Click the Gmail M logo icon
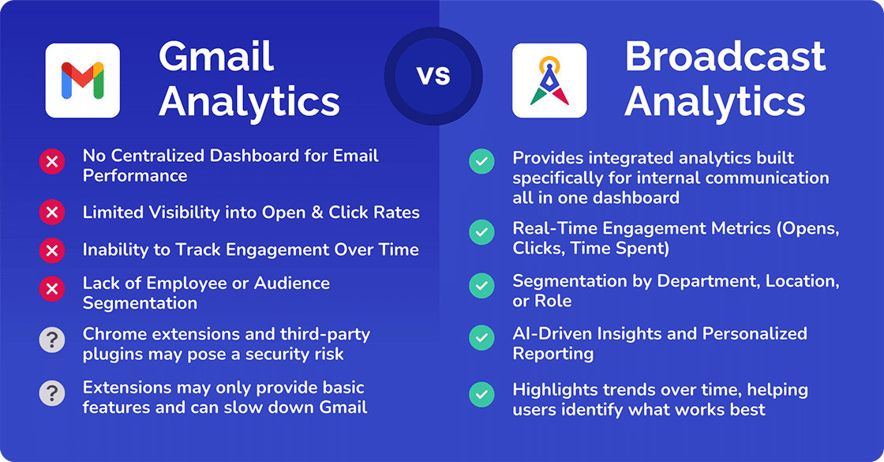pos(82,81)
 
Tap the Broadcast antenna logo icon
pos(549,81)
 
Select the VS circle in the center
pos(433,76)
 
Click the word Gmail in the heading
pos(216,56)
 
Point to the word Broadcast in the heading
pos(725,56)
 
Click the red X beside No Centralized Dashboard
pos(52,162)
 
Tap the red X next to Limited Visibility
pos(52,212)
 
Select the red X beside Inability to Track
pos(52,250)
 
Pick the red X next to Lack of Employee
pos(52,289)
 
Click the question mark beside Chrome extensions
pos(52,340)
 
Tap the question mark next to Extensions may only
pos(52,393)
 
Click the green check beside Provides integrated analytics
pos(482,161)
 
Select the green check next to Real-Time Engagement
pos(482,232)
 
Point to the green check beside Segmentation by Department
pos(482,285)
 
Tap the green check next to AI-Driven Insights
pos(482,337)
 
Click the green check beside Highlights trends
pos(482,394)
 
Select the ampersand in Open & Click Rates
pos(317,212)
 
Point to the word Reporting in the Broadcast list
pos(553,354)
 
